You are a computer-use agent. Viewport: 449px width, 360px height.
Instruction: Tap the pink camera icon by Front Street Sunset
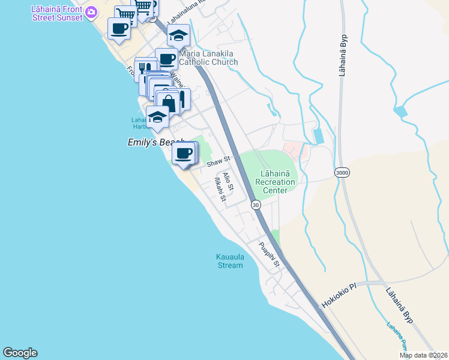tap(91, 11)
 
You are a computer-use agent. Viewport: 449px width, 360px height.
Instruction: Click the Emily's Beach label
tap(155, 142)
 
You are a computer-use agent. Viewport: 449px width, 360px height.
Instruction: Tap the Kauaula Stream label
tap(230, 261)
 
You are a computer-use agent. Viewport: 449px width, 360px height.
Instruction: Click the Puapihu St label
tap(269, 254)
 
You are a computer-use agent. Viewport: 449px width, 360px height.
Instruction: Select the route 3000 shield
tap(342, 173)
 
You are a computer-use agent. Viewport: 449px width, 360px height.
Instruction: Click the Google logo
tap(20, 353)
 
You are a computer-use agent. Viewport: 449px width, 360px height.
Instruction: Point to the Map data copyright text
tap(424, 355)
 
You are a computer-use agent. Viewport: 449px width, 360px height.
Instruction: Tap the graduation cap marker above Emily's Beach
tap(157, 116)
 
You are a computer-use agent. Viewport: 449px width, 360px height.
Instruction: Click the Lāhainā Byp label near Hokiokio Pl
tap(400, 305)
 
